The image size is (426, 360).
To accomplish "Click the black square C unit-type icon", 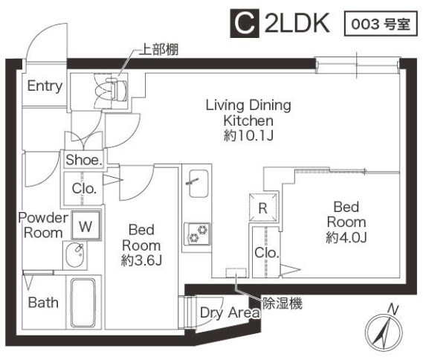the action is pyautogui.click(x=243, y=24).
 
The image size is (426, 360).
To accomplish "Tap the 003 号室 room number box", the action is pyautogui.click(x=381, y=24).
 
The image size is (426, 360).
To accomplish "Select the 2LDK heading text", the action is pyautogui.click(x=297, y=24).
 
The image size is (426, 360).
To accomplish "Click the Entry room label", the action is pyautogui.click(x=45, y=86).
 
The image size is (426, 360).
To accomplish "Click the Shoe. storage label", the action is pyautogui.click(x=84, y=160).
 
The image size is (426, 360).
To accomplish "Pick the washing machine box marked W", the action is pyautogui.click(x=86, y=225).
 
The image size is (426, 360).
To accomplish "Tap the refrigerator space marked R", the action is pyautogui.click(x=263, y=208).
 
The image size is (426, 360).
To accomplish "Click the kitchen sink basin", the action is pyautogui.click(x=199, y=184).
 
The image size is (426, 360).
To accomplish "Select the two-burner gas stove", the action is pyautogui.click(x=198, y=234).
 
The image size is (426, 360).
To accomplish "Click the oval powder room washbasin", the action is pyautogui.click(x=75, y=255).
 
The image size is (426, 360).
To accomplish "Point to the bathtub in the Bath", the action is pyautogui.click(x=83, y=303).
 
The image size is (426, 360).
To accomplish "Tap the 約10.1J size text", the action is pyautogui.click(x=248, y=135).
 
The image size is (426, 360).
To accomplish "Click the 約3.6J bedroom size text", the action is pyautogui.click(x=141, y=261).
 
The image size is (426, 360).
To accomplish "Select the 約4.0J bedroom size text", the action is pyautogui.click(x=346, y=237).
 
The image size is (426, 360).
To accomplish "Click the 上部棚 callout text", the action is pyautogui.click(x=159, y=50).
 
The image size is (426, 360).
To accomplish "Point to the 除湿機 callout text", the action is pyautogui.click(x=283, y=303).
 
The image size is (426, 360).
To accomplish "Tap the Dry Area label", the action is pyautogui.click(x=230, y=312).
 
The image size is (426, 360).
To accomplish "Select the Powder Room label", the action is pyautogui.click(x=43, y=225).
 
